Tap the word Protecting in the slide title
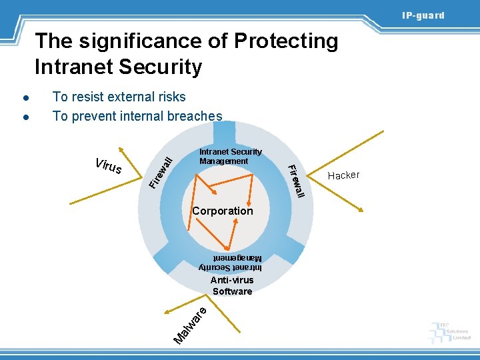286,41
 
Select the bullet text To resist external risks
119,97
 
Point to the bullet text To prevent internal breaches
137,117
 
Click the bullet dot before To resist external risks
23,98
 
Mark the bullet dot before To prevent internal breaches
23,117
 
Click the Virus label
109,166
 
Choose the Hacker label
344,175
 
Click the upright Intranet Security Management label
230,157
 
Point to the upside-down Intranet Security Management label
230,262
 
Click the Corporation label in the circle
223,211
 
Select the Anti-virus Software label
232,286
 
